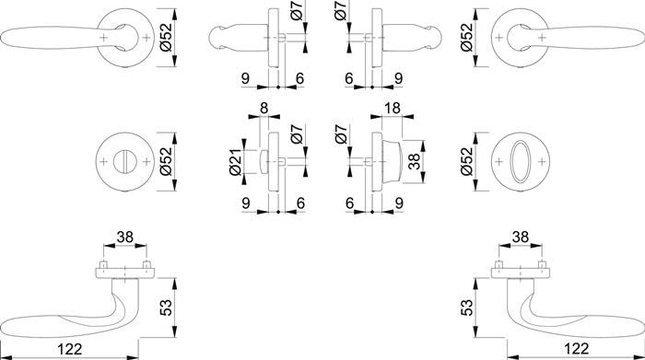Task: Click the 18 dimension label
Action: click(391, 110)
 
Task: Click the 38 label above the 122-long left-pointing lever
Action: click(124, 236)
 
